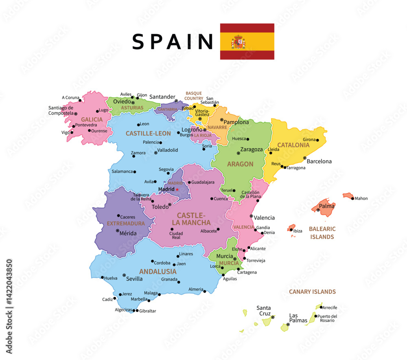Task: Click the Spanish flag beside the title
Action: [x=247, y=42]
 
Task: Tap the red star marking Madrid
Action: [x=177, y=189]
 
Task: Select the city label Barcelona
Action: [x=319, y=161]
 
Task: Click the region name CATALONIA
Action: [x=293, y=145]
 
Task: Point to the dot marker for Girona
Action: [x=317, y=140]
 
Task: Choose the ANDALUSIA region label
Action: [x=158, y=271]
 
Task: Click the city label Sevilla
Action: [x=134, y=279]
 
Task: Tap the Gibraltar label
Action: [x=148, y=311]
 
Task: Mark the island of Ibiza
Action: [x=291, y=228]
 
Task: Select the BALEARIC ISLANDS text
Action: [x=322, y=233]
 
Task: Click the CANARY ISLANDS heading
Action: [x=312, y=292]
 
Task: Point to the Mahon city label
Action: [x=361, y=199]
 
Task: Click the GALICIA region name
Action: [x=92, y=119]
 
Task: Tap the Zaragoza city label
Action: [x=252, y=149]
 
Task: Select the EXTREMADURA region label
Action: [x=126, y=224]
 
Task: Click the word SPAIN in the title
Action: [x=173, y=42]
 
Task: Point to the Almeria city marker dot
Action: [x=205, y=291]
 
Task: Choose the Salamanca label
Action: [x=123, y=171]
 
